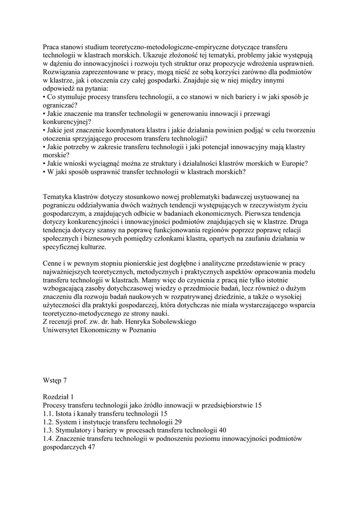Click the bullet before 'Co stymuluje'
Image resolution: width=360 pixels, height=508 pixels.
pos(45,97)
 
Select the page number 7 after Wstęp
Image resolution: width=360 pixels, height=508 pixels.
pos(65,381)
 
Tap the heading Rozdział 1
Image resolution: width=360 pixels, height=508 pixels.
pos(59,397)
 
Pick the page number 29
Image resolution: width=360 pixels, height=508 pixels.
pos(171,422)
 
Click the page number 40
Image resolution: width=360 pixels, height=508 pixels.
pos(222,430)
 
